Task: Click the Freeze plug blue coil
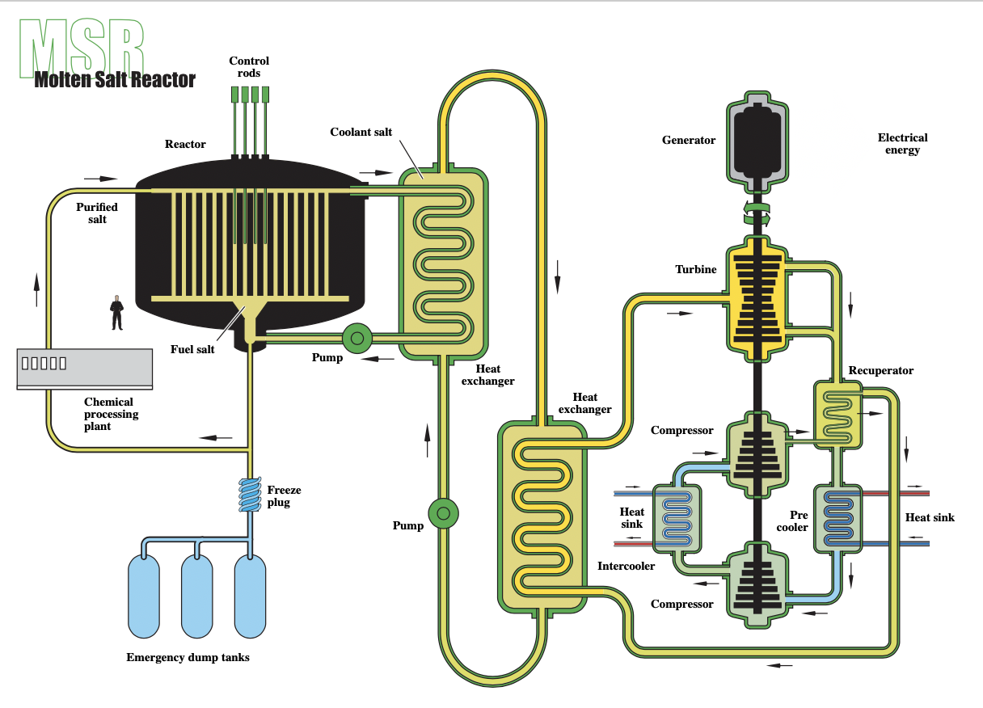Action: click(x=250, y=495)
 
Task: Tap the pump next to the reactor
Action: click(x=357, y=338)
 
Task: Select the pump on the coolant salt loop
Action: click(x=443, y=513)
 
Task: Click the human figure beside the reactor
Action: click(x=116, y=312)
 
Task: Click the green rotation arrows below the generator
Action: click(x=757, y=213)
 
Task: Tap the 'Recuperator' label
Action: click(x=881, y=370)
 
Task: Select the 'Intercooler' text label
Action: click(x=626, y=566)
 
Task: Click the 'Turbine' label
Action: click(x=695, y=269)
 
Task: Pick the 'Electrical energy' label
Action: click(x=903, y=144)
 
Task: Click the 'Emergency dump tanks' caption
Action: click(x=188, y=657)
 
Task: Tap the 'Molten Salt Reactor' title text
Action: click(x=115, y=80)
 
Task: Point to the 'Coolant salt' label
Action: click(x=361, y=132)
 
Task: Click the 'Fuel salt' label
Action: click(x=192, y=349)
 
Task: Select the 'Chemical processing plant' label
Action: click(x=111, y=414)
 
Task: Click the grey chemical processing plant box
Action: click(x=85, y=369)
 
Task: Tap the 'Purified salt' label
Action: click(x=97, y=213)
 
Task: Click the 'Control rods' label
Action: click(x=249, y=66)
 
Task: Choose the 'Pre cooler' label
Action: click(x=792, y=521)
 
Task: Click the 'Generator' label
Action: click(x=689, y=141)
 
